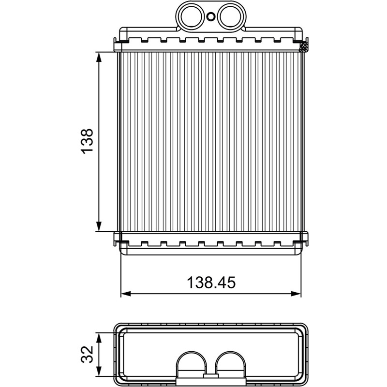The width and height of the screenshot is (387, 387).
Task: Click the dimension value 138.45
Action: (x=211, y=283)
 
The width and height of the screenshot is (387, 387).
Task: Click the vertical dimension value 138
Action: (x=88, y=141)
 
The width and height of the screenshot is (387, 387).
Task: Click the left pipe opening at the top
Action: (x=192, y=16)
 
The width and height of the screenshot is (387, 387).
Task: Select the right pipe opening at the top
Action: (x=229, y=16)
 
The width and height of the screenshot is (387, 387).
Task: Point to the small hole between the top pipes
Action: (x=210, y=17)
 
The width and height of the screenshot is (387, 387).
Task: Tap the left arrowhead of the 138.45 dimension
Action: (x=126, y=294)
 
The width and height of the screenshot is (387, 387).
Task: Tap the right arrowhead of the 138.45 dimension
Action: (x=296, y=294)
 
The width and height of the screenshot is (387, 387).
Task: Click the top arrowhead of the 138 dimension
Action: (x=99, y=57)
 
